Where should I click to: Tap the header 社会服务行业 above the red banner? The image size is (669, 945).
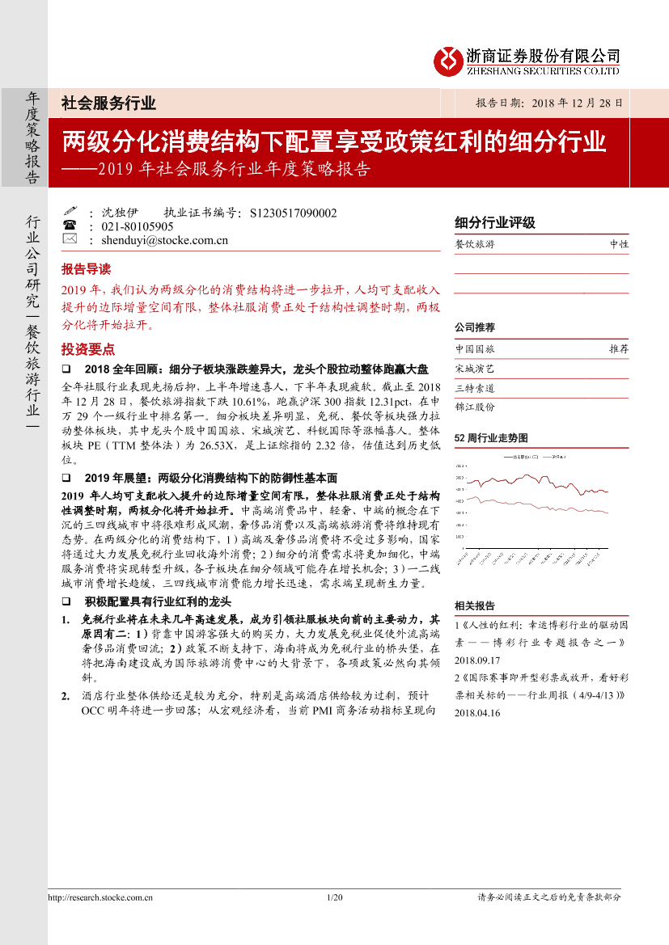coord(108,103)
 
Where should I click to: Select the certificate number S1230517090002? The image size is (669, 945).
coord(294,213)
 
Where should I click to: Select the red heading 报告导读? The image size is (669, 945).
coord(86,269)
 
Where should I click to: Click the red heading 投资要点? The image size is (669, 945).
coord(88,349)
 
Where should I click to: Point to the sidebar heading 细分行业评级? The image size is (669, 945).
coord(495,223)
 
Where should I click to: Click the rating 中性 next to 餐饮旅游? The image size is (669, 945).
coord(619,244)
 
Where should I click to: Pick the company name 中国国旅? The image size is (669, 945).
coord(475,349)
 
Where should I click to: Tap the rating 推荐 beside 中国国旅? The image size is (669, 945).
coord(619,349)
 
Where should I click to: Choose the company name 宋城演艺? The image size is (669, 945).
coord(475,369)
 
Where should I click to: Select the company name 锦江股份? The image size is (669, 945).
coord(475,407)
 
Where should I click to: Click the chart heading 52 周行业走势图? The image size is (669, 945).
coord(492,437)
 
